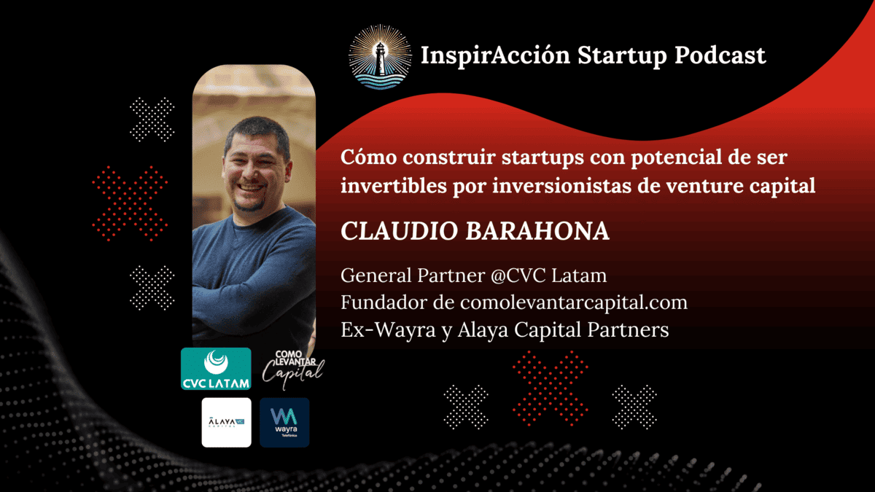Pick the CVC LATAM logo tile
point(216,369)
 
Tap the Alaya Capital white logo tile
point(226,422)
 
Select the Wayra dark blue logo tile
point(284,422)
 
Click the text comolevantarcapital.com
point(574,302)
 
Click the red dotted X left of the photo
point(131,203)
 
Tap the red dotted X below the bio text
point(550,387)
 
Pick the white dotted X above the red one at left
point(152,120)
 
